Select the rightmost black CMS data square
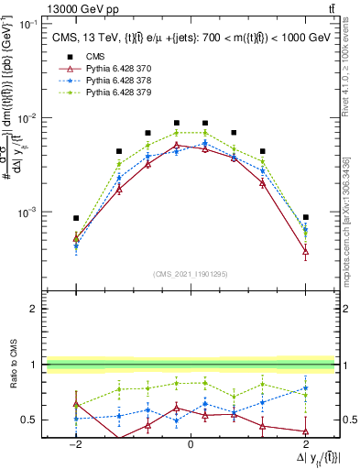coord(305,217)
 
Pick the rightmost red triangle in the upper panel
coord(305,250)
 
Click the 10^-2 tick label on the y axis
coord(29,117)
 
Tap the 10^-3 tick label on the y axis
coord(29,212)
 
